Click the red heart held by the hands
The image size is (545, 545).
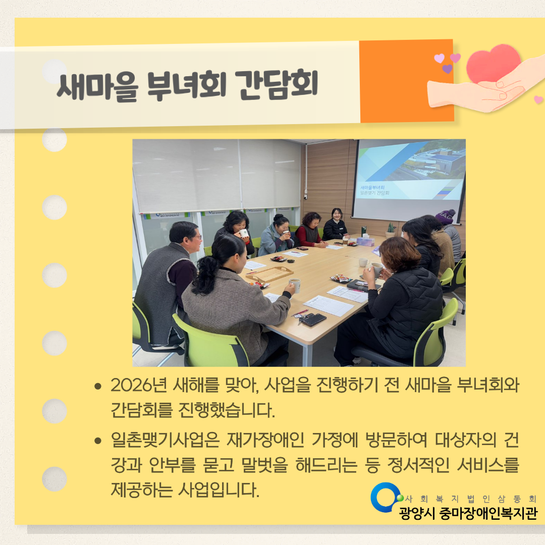pos(493,65)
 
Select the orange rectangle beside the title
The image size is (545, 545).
pos(406,81)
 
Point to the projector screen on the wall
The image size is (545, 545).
pos(409,179)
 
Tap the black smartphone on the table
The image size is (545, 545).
pos(313,319)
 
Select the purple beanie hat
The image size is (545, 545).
pos(445,216)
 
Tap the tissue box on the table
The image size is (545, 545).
pos(365,241)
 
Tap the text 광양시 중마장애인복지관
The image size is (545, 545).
pos(468,513)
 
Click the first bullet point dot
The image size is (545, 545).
pos(98,387)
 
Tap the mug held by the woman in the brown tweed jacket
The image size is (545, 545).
pos(294,285)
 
